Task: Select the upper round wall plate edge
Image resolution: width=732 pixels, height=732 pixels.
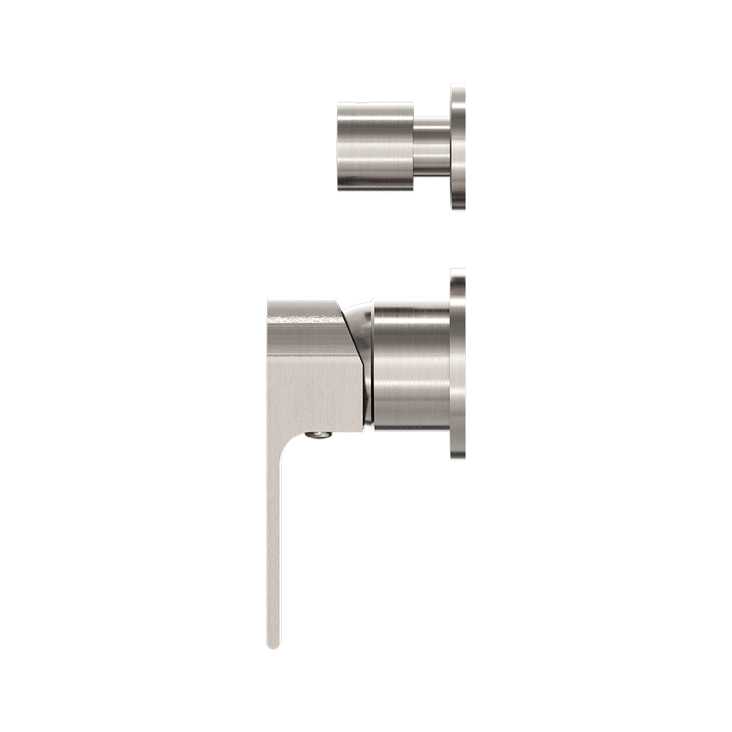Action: [458, 146]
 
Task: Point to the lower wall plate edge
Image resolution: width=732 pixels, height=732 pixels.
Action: [458, 366]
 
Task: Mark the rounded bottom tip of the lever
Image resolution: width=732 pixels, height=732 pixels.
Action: [274, 645]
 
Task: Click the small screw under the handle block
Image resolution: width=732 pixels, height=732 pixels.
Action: [319, 435]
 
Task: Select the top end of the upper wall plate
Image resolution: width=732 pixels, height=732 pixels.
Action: [458, 87]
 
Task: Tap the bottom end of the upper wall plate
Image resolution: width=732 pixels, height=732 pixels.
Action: [458, 208]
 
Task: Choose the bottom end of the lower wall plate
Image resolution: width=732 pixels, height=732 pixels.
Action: [458, 457]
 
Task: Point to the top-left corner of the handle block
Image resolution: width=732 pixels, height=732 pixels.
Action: [269, 302]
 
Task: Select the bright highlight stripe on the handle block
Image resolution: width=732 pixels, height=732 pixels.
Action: [307, 316]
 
